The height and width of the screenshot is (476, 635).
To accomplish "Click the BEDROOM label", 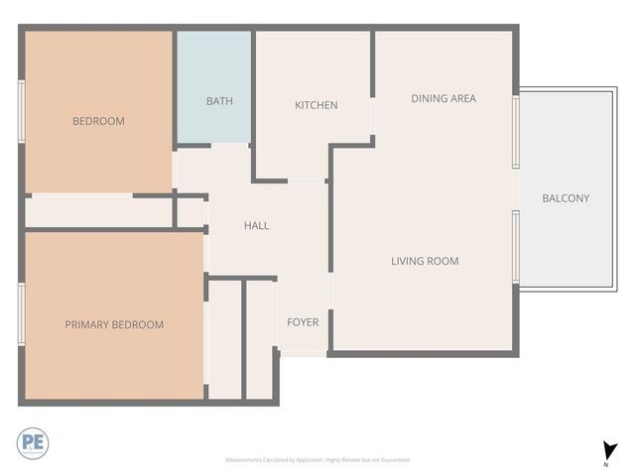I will [98, 121].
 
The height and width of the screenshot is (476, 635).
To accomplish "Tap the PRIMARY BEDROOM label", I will [114, 324].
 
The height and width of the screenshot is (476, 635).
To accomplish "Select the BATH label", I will [219, 101].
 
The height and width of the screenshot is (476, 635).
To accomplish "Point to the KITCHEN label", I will [316, 105].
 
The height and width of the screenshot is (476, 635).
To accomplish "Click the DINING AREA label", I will [444, 98].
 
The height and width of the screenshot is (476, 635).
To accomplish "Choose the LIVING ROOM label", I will [424, 261].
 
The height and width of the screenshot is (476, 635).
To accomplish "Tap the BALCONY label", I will [566, 198].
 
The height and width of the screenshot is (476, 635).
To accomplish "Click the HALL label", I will [256, 225].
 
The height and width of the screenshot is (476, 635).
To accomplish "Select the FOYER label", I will [303, 322].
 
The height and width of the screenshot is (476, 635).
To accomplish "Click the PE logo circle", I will [32, 442].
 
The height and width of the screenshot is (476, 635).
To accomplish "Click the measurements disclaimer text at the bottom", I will [317, 460].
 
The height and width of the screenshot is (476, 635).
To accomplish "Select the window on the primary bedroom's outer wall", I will [21, 316].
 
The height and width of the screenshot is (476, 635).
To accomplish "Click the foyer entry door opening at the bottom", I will [304, 354].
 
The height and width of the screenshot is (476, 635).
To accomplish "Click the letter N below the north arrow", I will [605, 464].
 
